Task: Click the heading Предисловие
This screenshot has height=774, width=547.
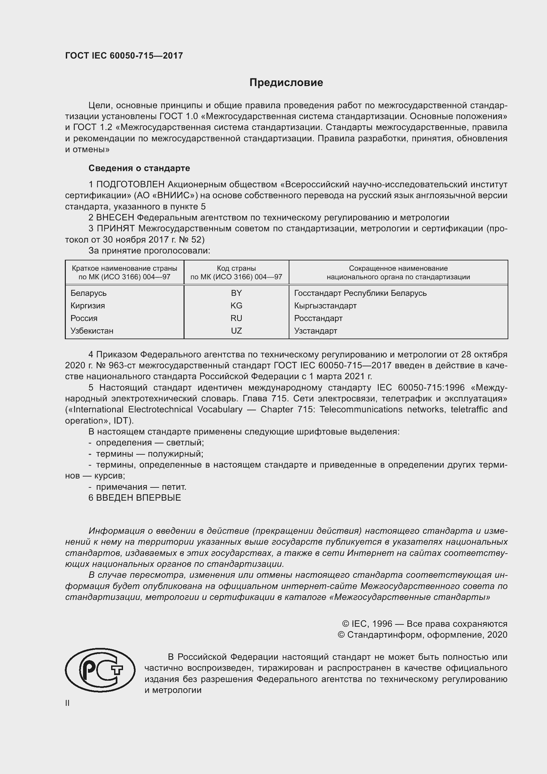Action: click(x=286, y=83)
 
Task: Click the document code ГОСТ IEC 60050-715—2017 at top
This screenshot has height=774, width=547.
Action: click(x=124, y=56)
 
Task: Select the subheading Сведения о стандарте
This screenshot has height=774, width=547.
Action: click(x=139, y=168)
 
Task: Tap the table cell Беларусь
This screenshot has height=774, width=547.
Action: click(x=89, y=293)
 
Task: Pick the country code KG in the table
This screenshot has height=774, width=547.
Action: click(x=236, y=305)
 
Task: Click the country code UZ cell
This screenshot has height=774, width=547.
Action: click(x=236, y=331)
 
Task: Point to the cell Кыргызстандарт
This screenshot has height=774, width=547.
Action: click(x=325, y=305)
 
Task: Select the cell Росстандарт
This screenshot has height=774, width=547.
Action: click(x=318, y=318)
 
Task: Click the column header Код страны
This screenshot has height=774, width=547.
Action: click(x=236, y=268)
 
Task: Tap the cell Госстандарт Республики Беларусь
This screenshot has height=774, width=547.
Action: click(x=360, y=293)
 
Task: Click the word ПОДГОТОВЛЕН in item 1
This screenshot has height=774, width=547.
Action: click(x=130, y=184)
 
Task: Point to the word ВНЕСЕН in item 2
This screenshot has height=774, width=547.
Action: click(x=115, y=218)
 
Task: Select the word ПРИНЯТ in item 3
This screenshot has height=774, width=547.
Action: click(x=116, y=229)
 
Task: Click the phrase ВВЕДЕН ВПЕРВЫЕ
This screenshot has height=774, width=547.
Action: click(x=139, y=498)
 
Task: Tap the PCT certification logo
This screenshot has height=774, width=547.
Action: click(x=100, y=670)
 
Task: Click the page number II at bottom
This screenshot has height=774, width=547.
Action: click(x=67, y=703)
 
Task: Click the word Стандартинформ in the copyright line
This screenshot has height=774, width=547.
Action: click(x=385, y=635)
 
